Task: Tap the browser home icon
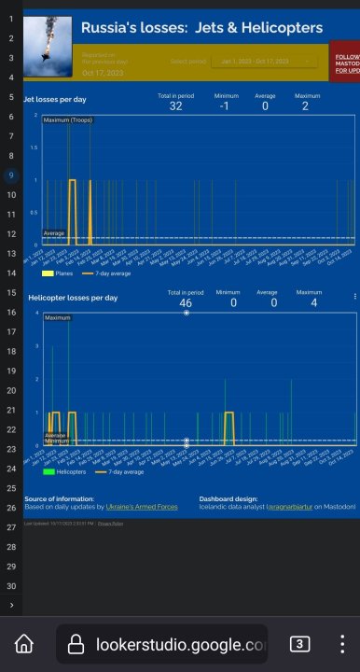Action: coord(24,644)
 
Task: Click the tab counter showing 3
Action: coord(300,644)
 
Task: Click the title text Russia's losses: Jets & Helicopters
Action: coord(202,29)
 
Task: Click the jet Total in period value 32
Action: coord(175,106)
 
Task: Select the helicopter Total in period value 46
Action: coord(186,303)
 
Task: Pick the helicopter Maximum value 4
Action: coord(313,303)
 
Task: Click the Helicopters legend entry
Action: coord(63,472)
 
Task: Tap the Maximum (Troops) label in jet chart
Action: coord(68,120)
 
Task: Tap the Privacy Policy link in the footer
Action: coord(110,524)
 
